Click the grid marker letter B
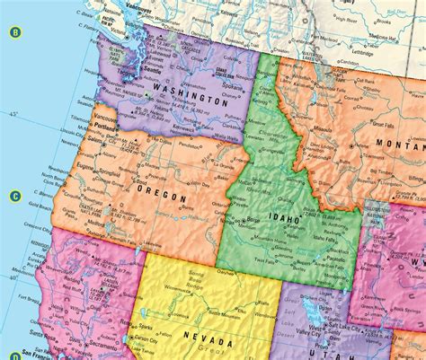point(15,33)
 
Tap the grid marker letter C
point(15,196)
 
